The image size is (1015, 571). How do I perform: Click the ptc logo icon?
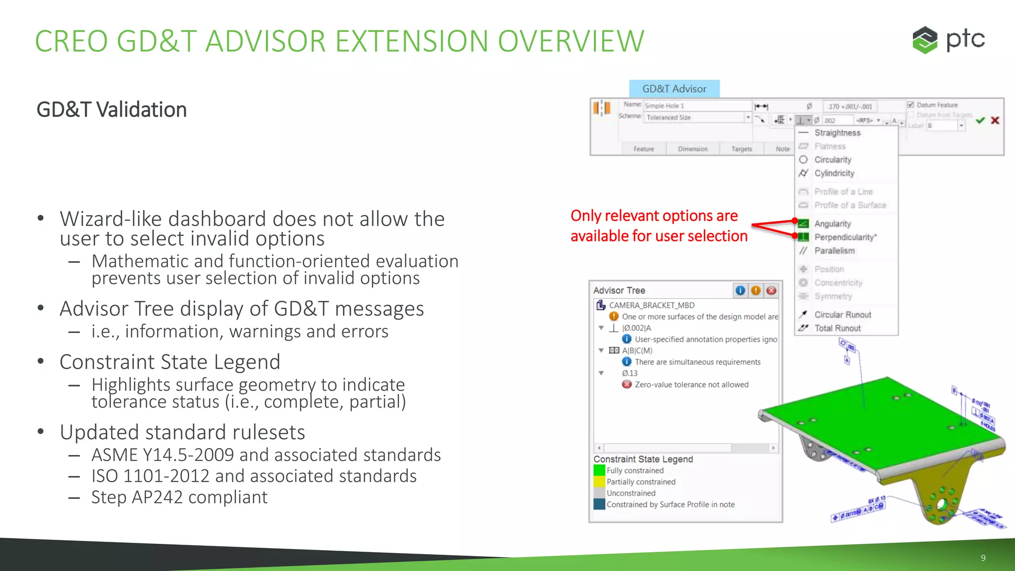(925, 40)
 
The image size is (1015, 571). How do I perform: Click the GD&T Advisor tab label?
(674, 89)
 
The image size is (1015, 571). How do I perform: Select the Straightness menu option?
(837, 133)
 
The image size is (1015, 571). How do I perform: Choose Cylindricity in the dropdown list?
(834, 173)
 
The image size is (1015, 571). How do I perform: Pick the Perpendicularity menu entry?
(845, 237)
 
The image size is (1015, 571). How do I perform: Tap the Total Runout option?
(837, 328)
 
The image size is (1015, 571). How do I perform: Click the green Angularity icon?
(803, 224)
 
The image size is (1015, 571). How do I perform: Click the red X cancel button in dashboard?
(995, 120)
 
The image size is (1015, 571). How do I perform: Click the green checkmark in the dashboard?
(980, 120)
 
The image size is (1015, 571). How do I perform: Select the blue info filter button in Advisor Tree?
(740, 290)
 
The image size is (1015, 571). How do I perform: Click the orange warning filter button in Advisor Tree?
(756, 290)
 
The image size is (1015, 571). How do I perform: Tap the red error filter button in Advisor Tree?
(771, 290)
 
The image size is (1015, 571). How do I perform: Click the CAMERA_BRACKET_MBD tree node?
(651, 305)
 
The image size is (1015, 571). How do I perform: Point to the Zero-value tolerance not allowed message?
(691, 385)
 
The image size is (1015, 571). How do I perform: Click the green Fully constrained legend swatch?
(599, 470)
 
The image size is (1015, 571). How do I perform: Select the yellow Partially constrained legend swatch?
(599, 482)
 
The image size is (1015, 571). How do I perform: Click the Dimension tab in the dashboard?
(692, 149)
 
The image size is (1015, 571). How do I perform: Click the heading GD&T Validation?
(112, 110)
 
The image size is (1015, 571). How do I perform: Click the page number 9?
(983, 558)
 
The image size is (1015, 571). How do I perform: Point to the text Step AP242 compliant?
(179, 497)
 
